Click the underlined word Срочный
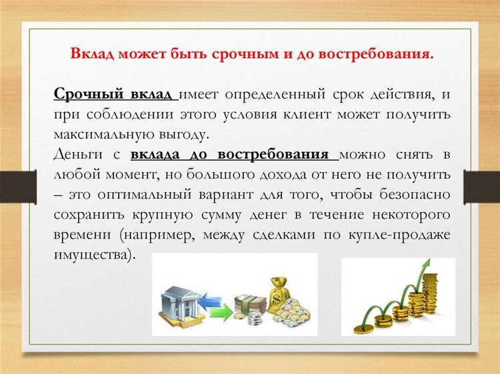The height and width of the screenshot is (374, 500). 81,93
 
